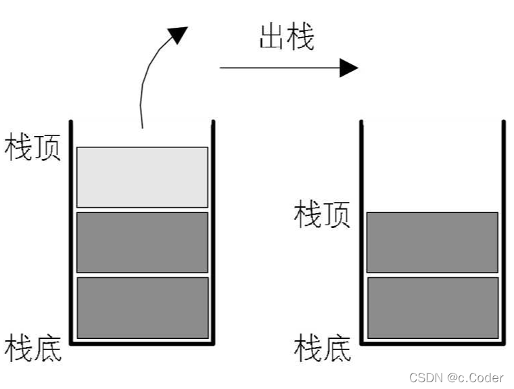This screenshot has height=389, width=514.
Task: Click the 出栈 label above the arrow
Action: coord(286,39)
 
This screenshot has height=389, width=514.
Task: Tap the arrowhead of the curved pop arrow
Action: coord(178,35)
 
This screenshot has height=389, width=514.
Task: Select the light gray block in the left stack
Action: coord(142,177)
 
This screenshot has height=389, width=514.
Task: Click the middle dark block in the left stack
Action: coord(142,242)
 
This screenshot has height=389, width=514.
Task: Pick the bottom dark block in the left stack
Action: coord(142,308)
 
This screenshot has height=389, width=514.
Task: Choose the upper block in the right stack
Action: coord(432,242)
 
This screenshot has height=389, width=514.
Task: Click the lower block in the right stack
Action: coord(432,308)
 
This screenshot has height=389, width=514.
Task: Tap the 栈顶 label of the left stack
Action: coord(33,147)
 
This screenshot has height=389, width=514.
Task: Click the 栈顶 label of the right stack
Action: coord(323,214)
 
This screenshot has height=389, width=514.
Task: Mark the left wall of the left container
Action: coord(71,230)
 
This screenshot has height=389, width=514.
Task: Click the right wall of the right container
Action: coord(504,230)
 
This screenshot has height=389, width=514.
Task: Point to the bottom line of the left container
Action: coord(142,343)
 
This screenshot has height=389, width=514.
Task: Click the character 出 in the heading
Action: coord(272,39)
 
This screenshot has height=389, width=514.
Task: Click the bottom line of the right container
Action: coord(432,343)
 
